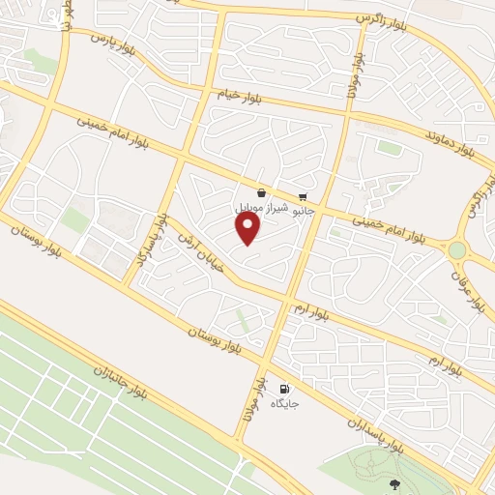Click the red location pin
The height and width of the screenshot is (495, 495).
pyautogui.click(x=248, y=228)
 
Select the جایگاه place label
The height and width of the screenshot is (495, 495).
pyautogui.click(x=284, y=402)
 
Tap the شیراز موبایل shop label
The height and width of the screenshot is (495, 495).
pyautogui.click(x=258, y=208)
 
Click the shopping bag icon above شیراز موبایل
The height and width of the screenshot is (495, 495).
pyautogui.click(x=262, y=192)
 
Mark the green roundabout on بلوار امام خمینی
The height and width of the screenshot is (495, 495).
pyautogui.click(x=456, y=250)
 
